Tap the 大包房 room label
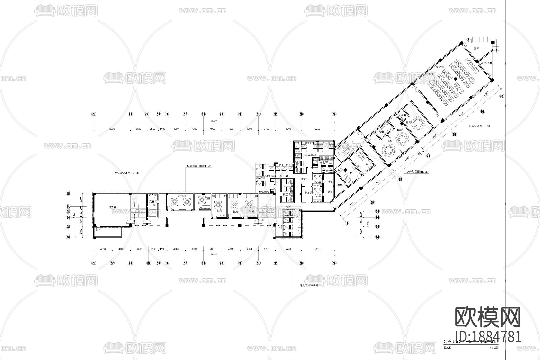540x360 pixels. [x=182, y=196]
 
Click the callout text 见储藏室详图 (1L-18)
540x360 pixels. [x=126, y=173]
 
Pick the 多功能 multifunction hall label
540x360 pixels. [x=440, y=67]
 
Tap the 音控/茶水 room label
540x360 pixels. [x=485, y=63]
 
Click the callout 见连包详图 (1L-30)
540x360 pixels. [x=480, y=126]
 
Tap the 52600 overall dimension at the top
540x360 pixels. [x=214, y=121]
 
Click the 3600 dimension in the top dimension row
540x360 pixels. [x=138, y=129]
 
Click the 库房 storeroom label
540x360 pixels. [x=340, y=185]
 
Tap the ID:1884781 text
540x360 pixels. [x=488, y=337]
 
